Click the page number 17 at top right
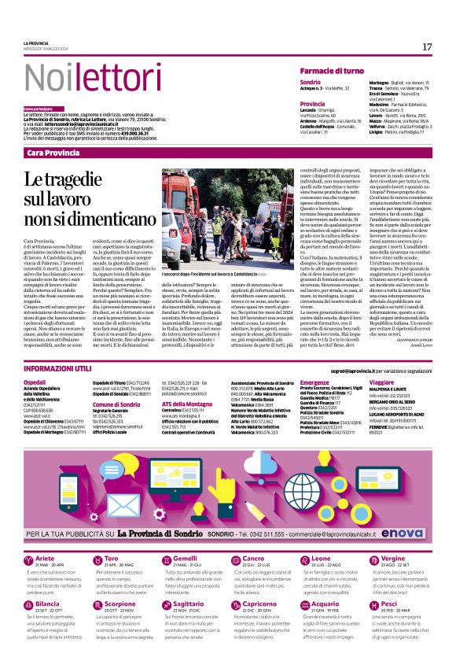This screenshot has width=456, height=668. pos(427,47)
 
